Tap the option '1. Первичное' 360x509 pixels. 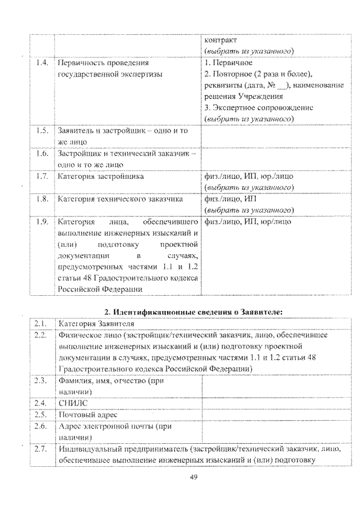point(228,63)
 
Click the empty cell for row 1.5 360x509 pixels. point(275,136)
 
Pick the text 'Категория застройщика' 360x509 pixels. point(100,176)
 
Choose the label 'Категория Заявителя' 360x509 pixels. point(96,324)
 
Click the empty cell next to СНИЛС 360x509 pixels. point(275,403)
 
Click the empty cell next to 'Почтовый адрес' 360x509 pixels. point(275,415)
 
